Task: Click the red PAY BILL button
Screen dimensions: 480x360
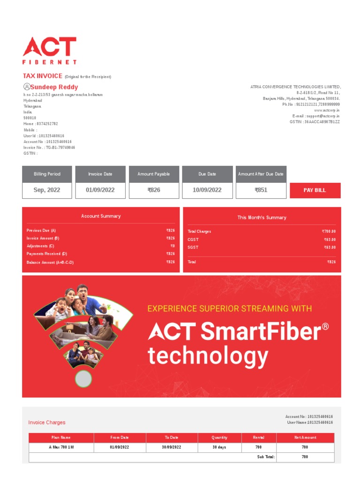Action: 315,190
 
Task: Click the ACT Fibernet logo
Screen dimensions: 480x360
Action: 50,50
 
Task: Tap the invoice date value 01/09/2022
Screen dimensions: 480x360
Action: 100,190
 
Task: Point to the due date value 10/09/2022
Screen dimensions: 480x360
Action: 207,190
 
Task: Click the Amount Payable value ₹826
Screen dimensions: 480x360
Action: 154,190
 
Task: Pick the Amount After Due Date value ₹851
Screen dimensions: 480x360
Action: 261,190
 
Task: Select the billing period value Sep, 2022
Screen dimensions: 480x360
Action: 47,190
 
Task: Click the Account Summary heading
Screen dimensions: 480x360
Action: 101,216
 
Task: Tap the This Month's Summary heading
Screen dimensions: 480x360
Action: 262,217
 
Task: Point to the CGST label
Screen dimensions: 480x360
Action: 193,240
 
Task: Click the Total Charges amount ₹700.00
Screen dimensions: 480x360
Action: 329,232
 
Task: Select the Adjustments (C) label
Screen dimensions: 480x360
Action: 40,246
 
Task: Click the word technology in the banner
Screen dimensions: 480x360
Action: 208,356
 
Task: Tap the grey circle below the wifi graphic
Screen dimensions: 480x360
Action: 83,379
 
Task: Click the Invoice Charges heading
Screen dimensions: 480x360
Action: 47,422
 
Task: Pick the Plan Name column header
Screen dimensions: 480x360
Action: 61,437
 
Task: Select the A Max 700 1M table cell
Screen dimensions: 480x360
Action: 61,447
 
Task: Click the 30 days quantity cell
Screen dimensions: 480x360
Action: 219,447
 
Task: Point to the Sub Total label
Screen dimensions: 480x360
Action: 266,457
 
